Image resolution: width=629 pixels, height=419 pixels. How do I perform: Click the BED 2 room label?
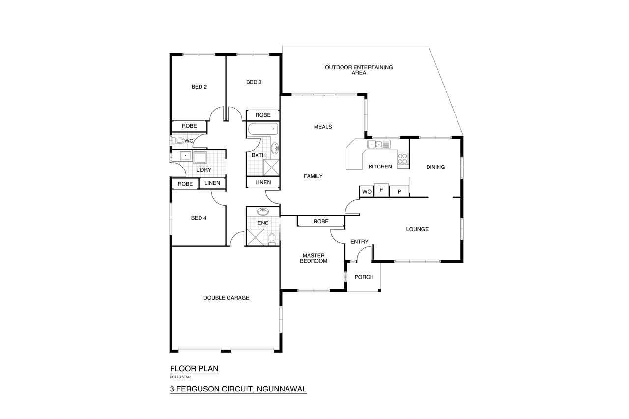point(199,87)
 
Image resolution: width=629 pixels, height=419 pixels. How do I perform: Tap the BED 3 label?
point(254,82)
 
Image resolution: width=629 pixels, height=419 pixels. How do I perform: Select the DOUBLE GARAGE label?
point(227,298)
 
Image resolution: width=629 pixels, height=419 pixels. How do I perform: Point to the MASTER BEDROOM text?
point(314,258)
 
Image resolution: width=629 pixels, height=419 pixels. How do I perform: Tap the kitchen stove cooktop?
point(402,159)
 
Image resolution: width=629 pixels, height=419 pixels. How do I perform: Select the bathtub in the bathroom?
point(263,129)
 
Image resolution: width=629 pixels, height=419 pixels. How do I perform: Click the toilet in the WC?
point(178,140)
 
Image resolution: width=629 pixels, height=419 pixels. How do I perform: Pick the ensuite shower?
point(255,237)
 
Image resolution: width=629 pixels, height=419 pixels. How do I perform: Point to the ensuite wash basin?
point(263,211)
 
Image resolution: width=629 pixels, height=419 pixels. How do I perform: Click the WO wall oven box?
point(367,192)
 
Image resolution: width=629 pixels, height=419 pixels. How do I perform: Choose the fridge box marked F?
point(382,190)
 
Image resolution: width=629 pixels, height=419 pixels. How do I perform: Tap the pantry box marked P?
point(400,192)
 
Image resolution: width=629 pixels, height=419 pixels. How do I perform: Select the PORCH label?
point(364,277)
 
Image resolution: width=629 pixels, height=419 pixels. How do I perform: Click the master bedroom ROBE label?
point(321,221)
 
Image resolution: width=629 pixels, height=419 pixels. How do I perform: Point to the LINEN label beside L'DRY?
point(212,183)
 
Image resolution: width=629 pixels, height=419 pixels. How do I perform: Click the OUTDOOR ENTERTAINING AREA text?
point(359,70)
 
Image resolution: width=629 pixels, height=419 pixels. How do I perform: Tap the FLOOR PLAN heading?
point(194,368)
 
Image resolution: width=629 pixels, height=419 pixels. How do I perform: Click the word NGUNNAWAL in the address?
point(282,389)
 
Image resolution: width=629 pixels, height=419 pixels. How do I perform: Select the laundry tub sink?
point(186,156)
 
